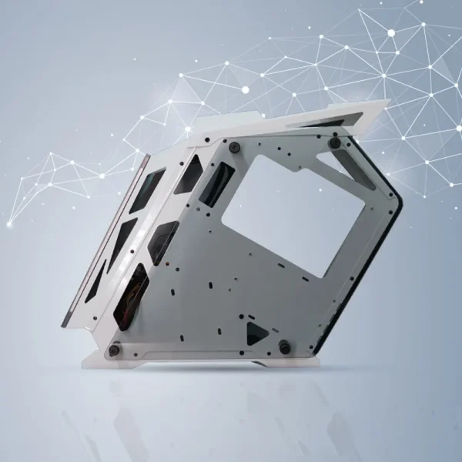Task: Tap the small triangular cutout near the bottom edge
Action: click(256, 334)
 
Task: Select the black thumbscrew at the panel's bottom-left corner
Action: click(114, 350)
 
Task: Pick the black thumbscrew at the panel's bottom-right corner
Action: click(285, 348)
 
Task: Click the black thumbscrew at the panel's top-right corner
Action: click(335, 142)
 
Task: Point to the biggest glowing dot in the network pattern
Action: click(391, 33)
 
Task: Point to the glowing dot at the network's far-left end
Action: click(10, 224)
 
